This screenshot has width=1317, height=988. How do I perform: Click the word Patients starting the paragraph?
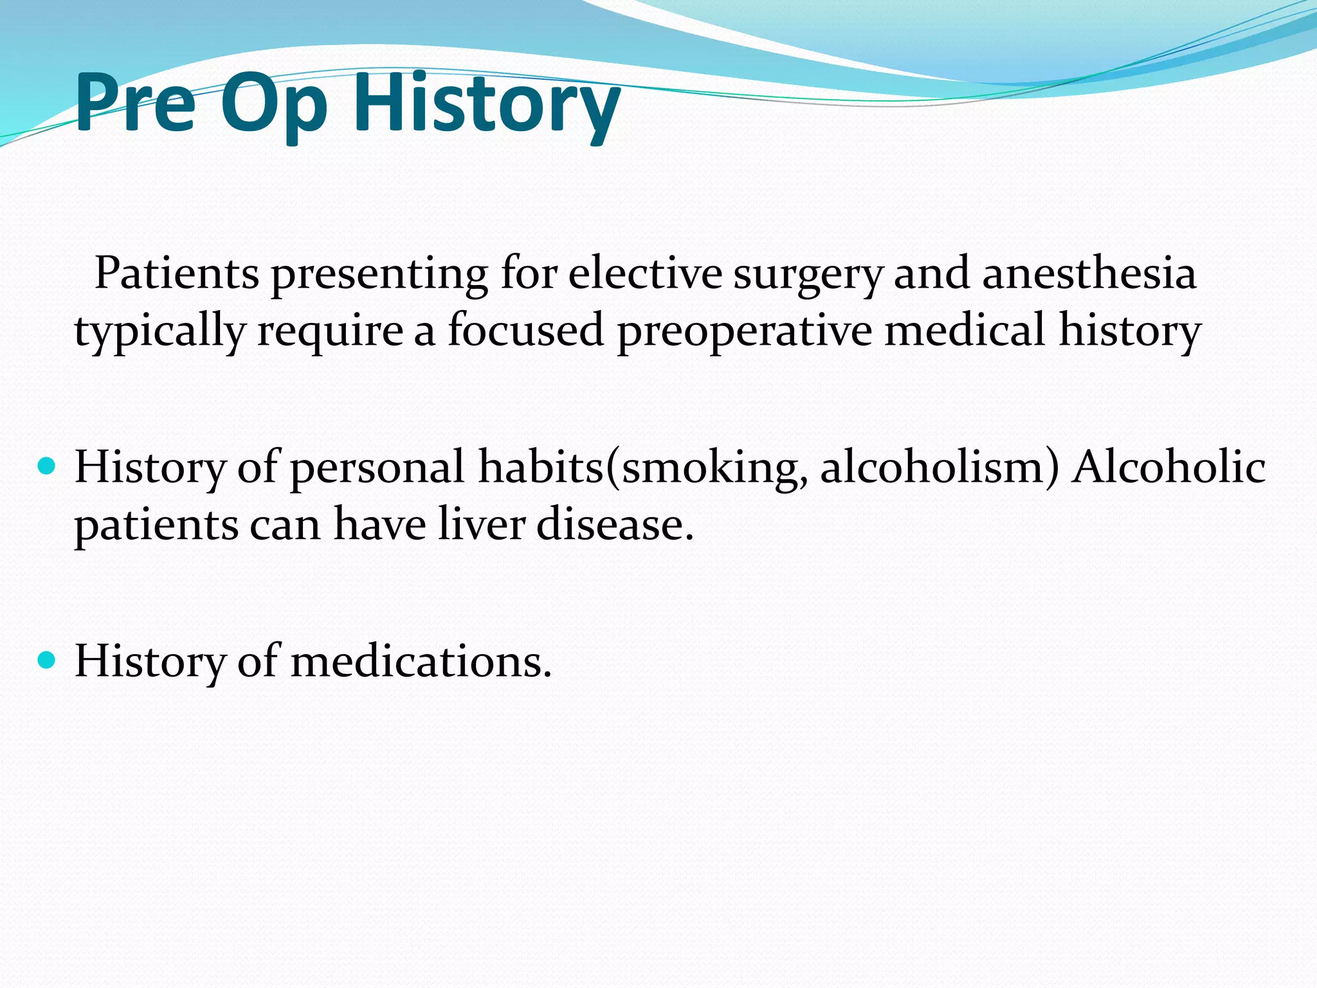[x=177, y=273]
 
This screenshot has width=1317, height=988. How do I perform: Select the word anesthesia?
[x=1089, y=273]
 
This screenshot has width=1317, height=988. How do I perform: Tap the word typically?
[x=159, y=332]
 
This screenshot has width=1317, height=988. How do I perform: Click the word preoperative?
[x=744, y=332]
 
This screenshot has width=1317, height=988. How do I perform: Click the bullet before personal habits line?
[x=47, y=466]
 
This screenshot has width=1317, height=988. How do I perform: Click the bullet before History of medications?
[x=47, y=660]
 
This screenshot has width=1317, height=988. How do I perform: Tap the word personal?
[x=377, y=468]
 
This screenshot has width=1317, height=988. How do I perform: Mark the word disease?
[x=615, y=524]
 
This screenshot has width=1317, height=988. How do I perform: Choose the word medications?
[x=421, y=661]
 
